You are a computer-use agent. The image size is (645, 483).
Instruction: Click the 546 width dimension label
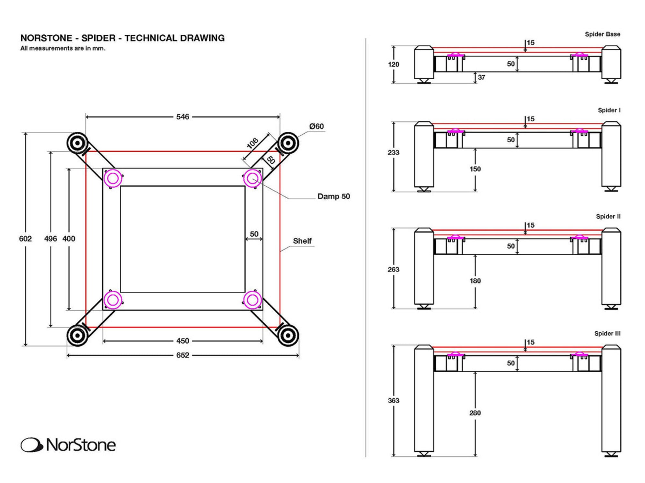point(183,117)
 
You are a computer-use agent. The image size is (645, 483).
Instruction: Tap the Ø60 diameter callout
point(316,127)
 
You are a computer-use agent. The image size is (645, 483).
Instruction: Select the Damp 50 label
point(333,196)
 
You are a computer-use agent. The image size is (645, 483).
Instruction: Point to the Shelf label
point(302,241)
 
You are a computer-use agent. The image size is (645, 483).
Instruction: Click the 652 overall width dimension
point(183,355)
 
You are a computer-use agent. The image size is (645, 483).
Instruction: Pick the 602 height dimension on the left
point(25,239)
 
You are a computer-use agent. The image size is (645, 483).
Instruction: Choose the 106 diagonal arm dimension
point(253,143)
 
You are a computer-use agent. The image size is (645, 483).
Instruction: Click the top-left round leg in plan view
point(77,143)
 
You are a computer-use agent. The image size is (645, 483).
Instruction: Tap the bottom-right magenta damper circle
point(253,300)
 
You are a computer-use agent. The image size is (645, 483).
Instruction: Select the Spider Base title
point(602,34)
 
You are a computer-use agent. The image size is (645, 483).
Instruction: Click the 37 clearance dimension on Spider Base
point(481,77)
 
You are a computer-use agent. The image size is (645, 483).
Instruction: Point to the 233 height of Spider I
point(393,152)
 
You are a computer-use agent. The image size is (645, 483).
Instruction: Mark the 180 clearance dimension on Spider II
point(475,281)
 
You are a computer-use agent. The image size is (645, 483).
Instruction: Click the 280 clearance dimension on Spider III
point(475,413)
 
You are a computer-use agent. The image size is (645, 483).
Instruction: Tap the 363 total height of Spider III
point(393,401)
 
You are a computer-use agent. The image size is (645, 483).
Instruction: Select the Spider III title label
point(607,334)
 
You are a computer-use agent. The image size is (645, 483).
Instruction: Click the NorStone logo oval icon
point(32,445)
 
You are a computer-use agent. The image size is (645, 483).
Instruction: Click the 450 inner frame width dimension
point(183,341)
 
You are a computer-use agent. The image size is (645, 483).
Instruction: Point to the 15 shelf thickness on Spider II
point(531,225)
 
